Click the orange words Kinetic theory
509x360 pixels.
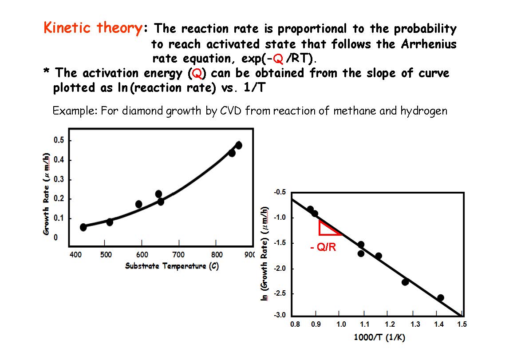(x=93, y=28)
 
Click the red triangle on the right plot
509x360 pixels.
(x=327, y=228)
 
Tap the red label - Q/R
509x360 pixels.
(x=324, y=247)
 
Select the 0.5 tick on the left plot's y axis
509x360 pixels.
(x=59, y=140)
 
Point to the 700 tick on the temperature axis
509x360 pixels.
(x=178, y=255)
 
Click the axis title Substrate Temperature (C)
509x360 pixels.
(x=172, y=266)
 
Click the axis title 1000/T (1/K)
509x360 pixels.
(x=379, y=337)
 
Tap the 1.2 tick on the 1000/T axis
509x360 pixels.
(x=390, y=324)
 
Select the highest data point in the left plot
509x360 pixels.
(x=238, y=145)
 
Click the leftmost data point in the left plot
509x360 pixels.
(x=83, y=227)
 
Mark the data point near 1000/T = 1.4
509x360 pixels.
(x=440, y=298)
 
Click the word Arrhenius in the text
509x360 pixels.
(x=429, y=44)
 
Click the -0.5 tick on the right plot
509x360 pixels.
(x=280, y=192)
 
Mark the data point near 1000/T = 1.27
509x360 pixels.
(x=405, y=282)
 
